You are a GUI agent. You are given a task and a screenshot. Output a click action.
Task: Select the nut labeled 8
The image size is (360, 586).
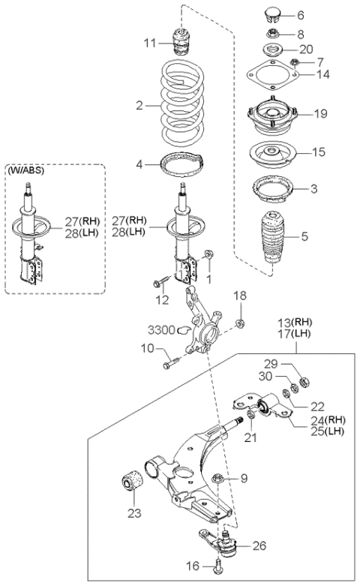273,35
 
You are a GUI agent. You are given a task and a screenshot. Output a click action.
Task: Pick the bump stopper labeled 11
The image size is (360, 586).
180,42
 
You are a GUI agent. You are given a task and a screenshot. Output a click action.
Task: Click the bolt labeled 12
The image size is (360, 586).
160,282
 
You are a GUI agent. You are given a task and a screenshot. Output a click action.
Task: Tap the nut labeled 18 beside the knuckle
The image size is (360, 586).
241,322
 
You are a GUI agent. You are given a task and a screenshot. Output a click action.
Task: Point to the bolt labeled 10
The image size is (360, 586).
171,363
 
